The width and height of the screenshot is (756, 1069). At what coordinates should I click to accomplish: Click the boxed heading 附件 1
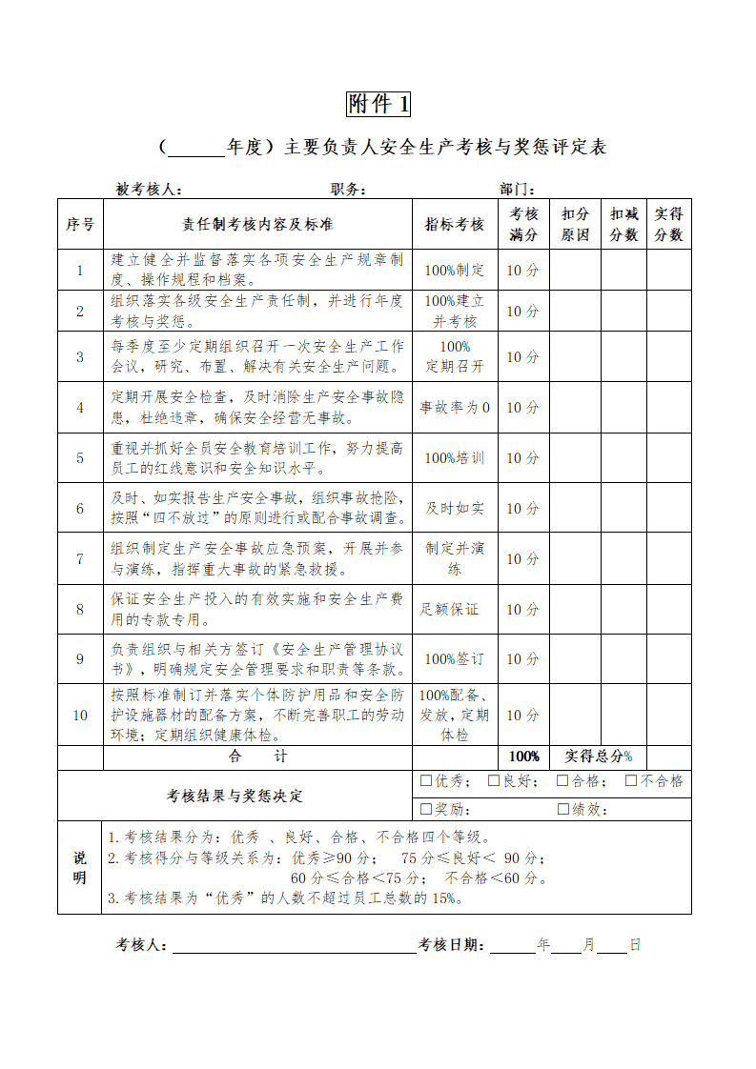tap(378, 103)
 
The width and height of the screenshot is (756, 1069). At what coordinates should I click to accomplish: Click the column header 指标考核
tap(455, 225)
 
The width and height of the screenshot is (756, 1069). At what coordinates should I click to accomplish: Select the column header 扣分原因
tap(575, 225)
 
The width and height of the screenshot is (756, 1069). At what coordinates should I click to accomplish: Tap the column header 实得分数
tap(668, 225)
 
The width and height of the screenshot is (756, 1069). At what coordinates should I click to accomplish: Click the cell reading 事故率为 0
tap(455, 408)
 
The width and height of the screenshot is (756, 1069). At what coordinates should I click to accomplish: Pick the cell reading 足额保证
tap(450, 609)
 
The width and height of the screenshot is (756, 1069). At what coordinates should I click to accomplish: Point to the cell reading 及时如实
tap(455, 509)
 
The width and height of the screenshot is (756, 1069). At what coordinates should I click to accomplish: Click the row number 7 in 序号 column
tap(80, 559)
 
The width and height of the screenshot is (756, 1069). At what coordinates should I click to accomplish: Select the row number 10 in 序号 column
tap(80, 715)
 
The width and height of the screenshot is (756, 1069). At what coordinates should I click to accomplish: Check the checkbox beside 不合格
tap(631, 781)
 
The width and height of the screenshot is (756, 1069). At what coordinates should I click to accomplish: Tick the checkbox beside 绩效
tap(563, 810)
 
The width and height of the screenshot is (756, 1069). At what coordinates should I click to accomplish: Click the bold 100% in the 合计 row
tap(523, 756)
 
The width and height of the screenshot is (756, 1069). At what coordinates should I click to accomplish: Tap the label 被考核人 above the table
tap(149, 190)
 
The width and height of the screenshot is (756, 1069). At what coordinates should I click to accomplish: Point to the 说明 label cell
tap(80, 867)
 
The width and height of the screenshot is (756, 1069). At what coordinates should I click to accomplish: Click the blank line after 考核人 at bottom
tap(294, 946)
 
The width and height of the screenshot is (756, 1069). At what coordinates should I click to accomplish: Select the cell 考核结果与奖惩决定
tap(235, 796)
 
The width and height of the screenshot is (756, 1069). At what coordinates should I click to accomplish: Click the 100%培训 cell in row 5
tap(455, 458)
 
